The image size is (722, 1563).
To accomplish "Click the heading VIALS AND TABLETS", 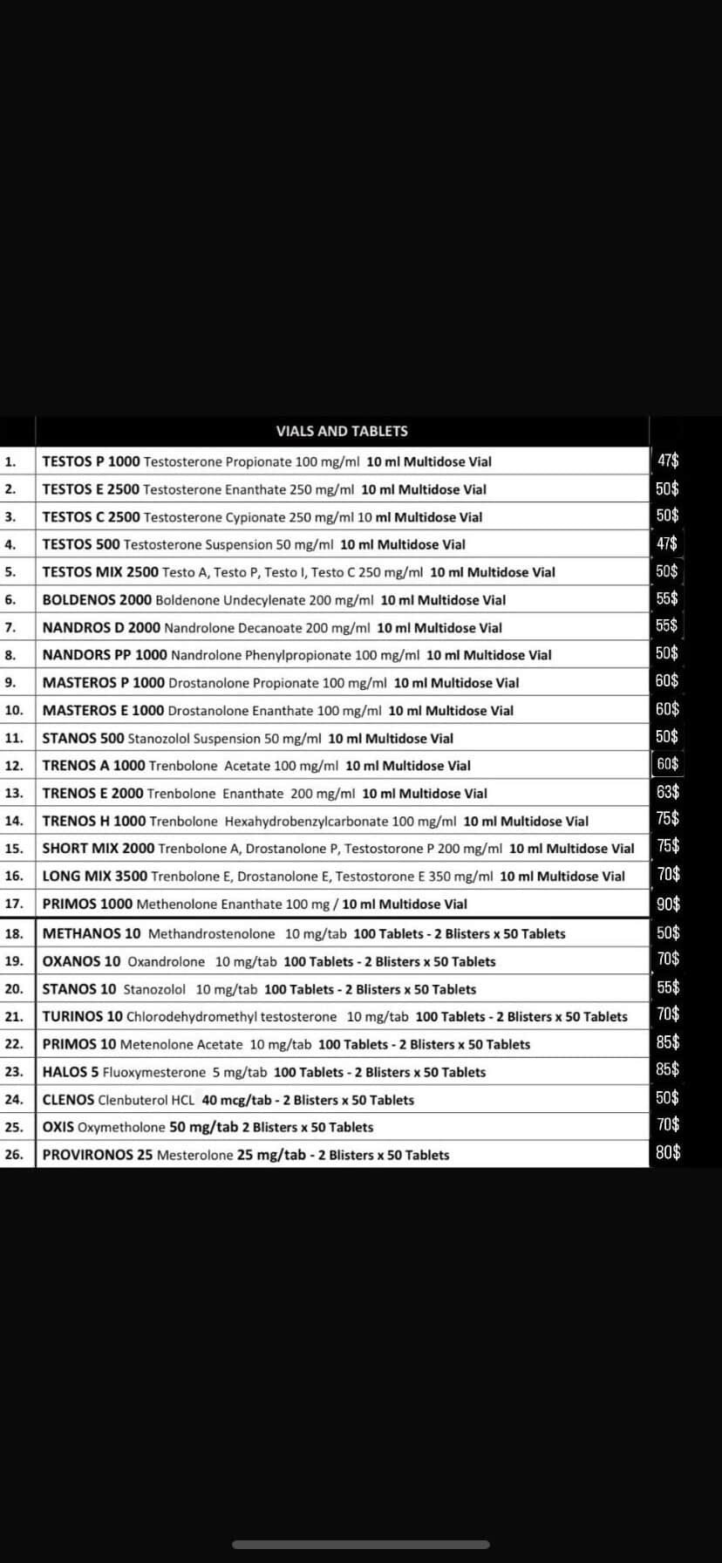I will click(x=342, y=431).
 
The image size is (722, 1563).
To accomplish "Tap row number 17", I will click(x=13, y=904).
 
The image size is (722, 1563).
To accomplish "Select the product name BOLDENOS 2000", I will click(x=97, y=600).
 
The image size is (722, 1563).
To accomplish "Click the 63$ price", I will click(x=668, y=792).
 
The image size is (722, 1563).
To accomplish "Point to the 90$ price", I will click(x=668, y=904).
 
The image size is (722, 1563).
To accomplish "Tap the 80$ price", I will click(x=668, y=1153).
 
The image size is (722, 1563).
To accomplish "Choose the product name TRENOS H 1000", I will click(x=94, y=821).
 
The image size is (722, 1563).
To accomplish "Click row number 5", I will click(x=10, y=572).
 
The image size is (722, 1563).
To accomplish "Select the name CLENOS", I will click(x=68, y=1100).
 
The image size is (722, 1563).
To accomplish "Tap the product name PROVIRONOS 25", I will click(x=98, y=1155).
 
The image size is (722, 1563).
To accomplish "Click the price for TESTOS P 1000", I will click(x=668, y=461).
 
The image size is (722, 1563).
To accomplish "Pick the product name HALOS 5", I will click(x=71, y=1072).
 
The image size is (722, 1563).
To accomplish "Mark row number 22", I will click(x=13, y=1044).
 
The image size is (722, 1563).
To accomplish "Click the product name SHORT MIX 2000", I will click(x=99, y=849).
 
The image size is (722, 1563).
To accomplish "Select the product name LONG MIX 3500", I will click(x=95, y=876).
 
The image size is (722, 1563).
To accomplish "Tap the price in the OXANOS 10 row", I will click(x=668, y=959).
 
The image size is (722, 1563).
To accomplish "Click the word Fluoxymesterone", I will click(x=154, y=1072).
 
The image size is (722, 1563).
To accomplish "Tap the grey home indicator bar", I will click(x=361, y=1544).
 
